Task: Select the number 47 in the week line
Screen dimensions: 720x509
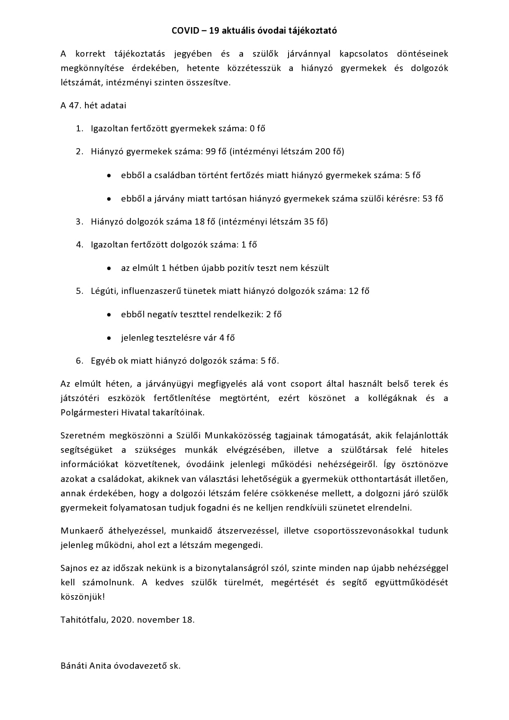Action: pyautogui.click(x=75, y=105)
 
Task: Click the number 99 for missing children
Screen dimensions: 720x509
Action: pyautogui.click(x=211, y=151)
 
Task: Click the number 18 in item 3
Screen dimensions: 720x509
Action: pyautogui.click(x=199, y=222)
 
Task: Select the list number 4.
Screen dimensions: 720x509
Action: pyautogui.click(x=79, y=245)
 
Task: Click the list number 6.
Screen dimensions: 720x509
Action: pyautogui.click(x=79, y=361)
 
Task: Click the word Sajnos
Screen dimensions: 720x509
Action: pyautogui.click(x=74, y=568)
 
